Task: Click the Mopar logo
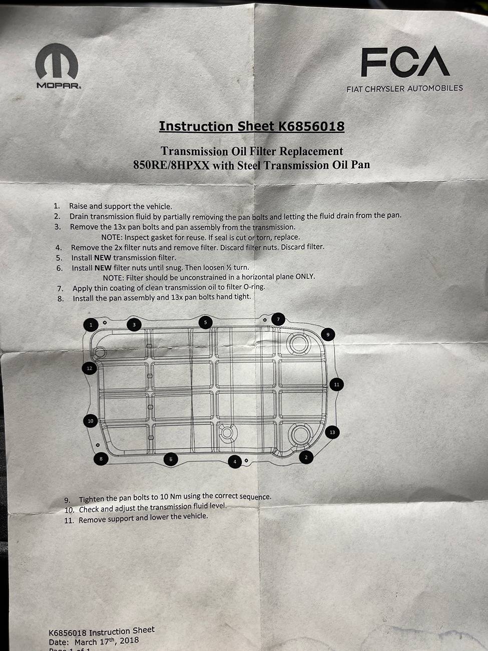[57, 66]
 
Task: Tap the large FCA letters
[405, 62]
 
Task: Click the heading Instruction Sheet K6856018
[252, 126]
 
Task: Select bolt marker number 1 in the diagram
[91, 325]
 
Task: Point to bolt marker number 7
[278, 319]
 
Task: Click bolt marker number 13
[332, 432]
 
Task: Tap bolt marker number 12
[90, 369]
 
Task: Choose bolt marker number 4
[235, 462]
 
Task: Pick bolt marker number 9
[328, 335]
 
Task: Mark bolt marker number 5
[206, 322]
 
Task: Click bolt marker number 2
[306, 457]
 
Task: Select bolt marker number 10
[91, 421]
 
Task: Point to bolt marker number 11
[336, 385]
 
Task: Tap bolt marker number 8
[101, 459]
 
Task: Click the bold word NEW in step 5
[103, 258]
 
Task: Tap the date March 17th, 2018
[107, 641]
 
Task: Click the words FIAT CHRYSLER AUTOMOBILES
[405, 89]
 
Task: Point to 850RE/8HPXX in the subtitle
[172, 165]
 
